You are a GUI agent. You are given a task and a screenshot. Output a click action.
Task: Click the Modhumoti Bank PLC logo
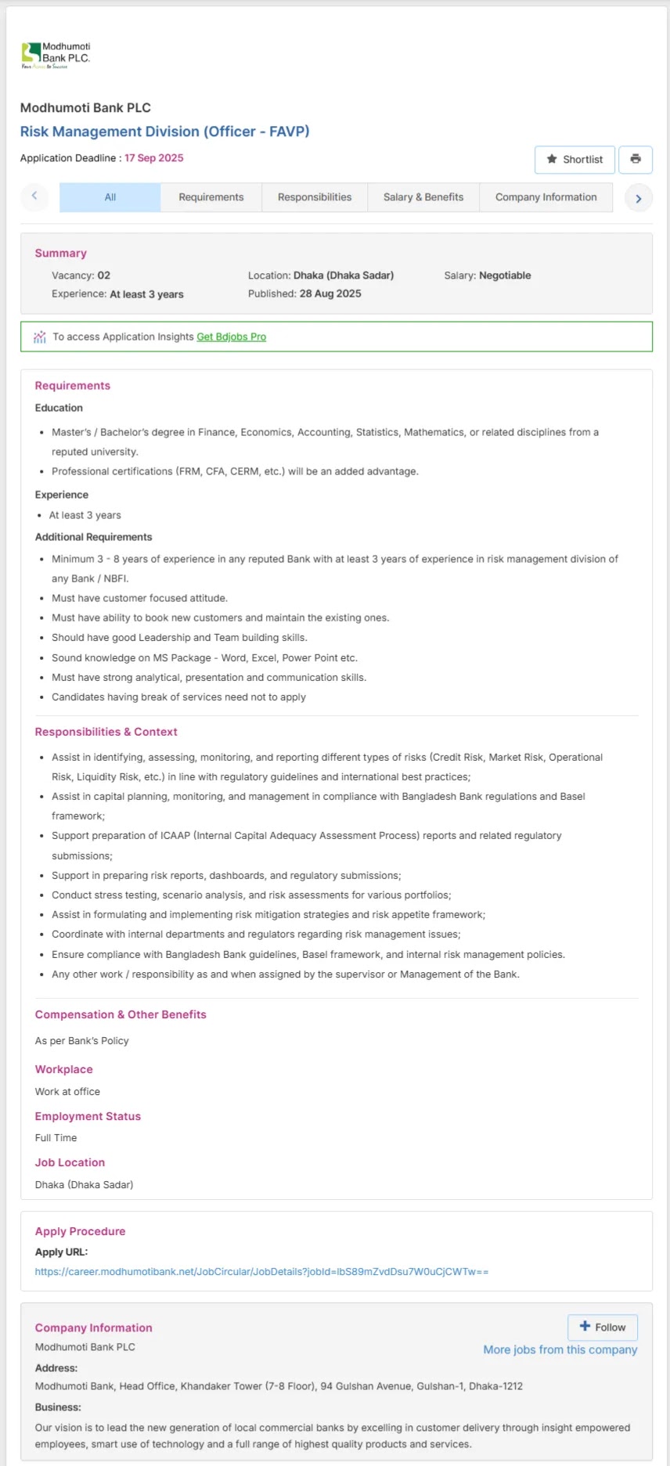[x=56, y=55]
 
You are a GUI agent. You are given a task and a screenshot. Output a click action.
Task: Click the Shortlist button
[x=575, y=159]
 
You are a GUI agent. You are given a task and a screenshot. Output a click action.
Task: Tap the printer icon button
[x=636, y=159]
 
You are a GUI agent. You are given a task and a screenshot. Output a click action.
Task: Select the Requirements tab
[x=211, y=197]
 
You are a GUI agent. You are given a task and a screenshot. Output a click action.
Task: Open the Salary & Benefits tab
[x=423, y=197]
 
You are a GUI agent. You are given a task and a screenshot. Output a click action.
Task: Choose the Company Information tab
[x=546, y=197]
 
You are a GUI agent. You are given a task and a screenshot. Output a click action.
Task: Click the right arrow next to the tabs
[x=639, y=198]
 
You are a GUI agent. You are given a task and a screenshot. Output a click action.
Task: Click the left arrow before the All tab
[x=34, y=196]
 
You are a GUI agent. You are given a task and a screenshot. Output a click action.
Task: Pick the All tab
[x=110, y=197]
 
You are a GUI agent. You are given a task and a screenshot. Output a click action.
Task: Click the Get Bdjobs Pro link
[x=231, y=337]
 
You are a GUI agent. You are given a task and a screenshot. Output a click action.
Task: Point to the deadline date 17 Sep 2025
[x=154, y=158]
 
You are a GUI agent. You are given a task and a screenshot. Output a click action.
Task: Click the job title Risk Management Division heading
[x=164, y=131]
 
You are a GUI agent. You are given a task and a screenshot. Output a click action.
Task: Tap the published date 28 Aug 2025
[x=330, y=294]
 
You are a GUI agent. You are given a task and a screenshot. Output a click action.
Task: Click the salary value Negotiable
[x=505, y=276]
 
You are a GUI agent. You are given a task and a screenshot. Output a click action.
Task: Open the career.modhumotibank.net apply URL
[x=261, y=1272]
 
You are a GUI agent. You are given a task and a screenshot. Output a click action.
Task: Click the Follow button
[x=603, y=1327]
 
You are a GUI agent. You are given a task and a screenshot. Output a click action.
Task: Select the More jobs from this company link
[x=560, y=1349]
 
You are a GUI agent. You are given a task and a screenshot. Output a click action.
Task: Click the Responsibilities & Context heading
[x=106, y=732]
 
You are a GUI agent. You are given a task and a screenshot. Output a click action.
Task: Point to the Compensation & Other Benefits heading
[x=121, y=1014]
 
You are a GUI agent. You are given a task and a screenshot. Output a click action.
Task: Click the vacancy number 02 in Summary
[x=103, y=276]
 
